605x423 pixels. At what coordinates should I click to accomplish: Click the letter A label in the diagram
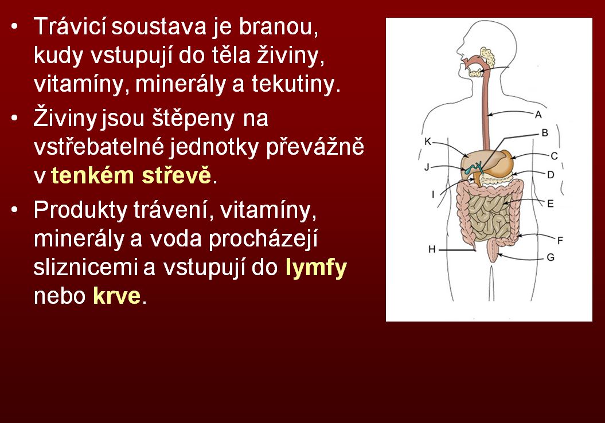[x=538, y=115]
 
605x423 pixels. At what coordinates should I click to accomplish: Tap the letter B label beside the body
[x=545, y=133]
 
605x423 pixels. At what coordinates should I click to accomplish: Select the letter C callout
[x=554, y=156]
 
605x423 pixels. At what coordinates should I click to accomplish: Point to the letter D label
[x=551, y=175]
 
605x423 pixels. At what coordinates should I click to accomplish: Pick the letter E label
[x=551, y=203]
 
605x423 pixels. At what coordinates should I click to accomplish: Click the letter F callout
[x=560, y=241]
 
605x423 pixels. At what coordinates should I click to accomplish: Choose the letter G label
[x=551, y=257]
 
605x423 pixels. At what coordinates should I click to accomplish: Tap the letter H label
[x=432, y=249]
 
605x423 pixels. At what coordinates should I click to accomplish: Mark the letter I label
[x=433, y=194]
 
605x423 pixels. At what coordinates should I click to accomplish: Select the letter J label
[x=427, y=167]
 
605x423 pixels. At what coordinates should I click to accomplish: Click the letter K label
[x=427, y=142]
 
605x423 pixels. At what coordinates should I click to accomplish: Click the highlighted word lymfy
[x=316, y=268]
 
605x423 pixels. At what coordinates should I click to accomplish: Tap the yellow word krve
[x=116, y=296]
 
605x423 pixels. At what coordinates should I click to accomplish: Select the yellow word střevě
[x=177, y=175]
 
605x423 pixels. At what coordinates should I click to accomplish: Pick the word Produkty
[x=80, y=210]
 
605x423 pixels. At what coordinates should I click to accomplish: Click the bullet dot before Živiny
[x=15, y=118]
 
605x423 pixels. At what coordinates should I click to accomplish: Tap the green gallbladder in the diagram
[x=473, y=169]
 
